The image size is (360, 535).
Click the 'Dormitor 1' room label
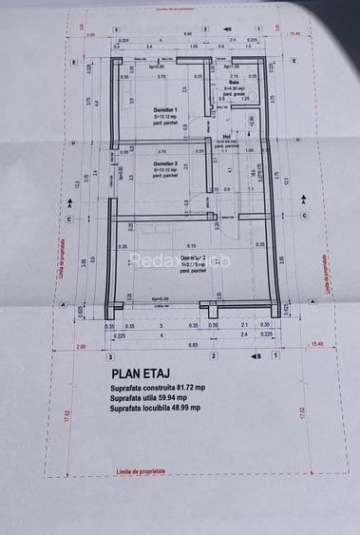165,111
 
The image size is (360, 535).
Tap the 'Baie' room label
235,82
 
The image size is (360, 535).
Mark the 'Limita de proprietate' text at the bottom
142,470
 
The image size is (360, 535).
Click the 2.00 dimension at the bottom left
82,346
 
